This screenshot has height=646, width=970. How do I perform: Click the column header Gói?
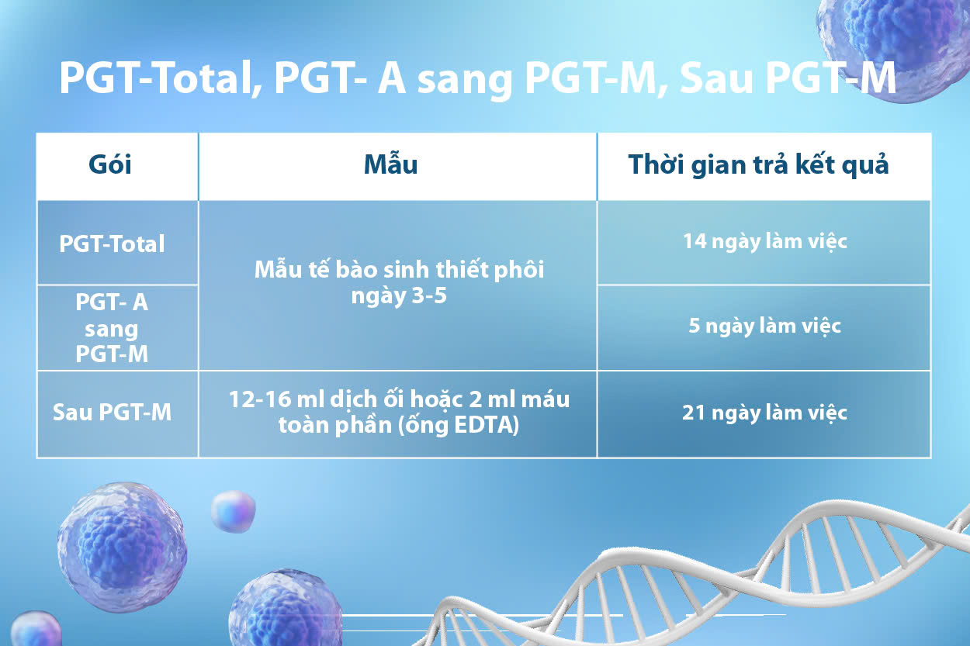pyautogui.click(x=110, y=165)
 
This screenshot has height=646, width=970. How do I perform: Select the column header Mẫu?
pyautogui.click(x=391, y=164)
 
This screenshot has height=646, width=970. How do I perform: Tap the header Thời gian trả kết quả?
pyautogui.click(x=759, y=165)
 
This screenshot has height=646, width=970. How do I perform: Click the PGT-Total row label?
pyautogui.click(x=113, y=244)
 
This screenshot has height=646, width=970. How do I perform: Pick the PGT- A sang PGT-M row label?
pyautogui.click(x=112, y=327)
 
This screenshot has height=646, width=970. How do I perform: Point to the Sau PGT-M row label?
pyautogui.click(x=113, y=412)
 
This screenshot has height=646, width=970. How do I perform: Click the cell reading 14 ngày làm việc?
pyautogui.click(x=764, y=241)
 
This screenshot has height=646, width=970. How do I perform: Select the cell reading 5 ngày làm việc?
pyautogui.click(x=764, y=326)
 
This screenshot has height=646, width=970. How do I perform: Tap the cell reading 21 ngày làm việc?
pyautogui.click(x=764, y=413)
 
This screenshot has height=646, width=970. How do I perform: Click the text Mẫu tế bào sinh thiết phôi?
pyautogui.click(x=399, y=270)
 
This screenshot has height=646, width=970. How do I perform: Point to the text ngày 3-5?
pyautogui.click(x=399, y=297)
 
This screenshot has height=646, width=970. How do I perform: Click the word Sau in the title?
pyautogui.click(x=715, y=78)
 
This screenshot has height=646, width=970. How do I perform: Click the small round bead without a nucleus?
pyautogui.click(x=233, y=511)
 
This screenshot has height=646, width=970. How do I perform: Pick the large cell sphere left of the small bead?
pyautogui.click(x=122, y=548)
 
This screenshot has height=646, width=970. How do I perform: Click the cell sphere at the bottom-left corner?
pyautogui.click(x=35, y=629)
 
